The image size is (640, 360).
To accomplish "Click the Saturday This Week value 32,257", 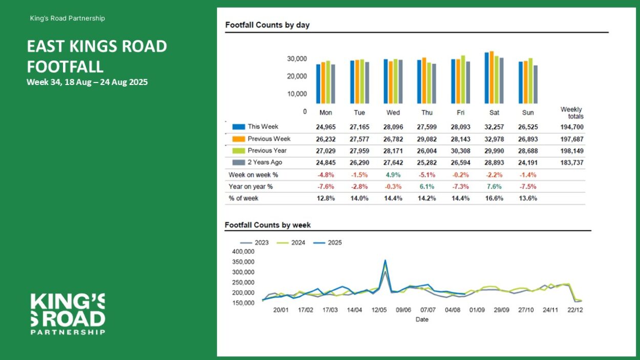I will point(494,127).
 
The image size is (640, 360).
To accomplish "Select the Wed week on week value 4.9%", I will point(394,175).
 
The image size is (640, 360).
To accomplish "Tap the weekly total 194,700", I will point(572,127).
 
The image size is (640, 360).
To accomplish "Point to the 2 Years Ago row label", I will point(265,162).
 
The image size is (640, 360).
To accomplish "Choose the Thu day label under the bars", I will point(426,113).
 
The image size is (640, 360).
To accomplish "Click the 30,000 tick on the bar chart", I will point(296,59).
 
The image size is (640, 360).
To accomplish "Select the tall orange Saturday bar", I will point(492,77).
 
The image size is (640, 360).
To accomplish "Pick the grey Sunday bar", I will point(536,84).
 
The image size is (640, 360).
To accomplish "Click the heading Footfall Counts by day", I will point(267,25).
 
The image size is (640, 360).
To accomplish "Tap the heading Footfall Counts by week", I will point(268,225).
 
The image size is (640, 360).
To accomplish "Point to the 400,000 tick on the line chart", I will point(243,251).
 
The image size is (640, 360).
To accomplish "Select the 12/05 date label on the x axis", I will point(379,310).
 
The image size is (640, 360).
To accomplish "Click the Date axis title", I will point(422,320).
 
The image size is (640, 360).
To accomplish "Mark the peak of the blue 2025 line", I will point(385,261).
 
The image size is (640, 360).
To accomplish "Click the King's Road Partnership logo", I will point(68,314).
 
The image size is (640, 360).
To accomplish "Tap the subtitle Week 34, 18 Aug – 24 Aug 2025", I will point(87,82).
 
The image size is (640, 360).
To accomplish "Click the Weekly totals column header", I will point(572,113).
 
